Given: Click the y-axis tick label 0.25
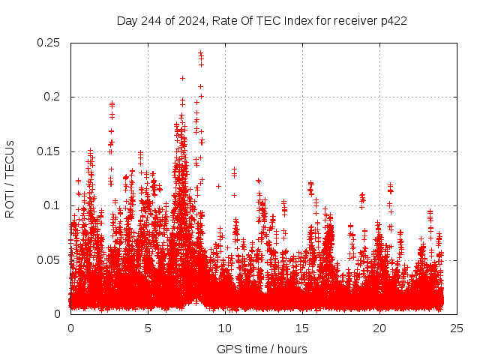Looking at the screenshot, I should click(x=49, y=43).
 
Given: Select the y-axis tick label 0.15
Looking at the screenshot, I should click(x=49, y=151).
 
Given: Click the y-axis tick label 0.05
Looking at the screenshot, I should click(x=49, y=259).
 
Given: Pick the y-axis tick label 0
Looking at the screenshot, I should click(x=59, y=313).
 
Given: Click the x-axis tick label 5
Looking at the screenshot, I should click(x=148, y=328).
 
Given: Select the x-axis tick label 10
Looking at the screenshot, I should click(x=225, y=328).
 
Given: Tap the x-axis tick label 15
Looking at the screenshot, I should click(x=302, y=328).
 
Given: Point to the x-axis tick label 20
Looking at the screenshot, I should click(x=379, y=328).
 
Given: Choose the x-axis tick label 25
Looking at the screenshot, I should click(x=457, y=328).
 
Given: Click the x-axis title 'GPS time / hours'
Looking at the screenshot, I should click(x=263, y=349).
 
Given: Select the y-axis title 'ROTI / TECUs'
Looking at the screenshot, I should click(x=10, y=178).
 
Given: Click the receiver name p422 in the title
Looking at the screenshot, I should click(x=392, y=20).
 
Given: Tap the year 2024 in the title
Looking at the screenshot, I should click(x=190, y=20).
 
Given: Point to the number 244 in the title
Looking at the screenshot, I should click(x=152, y=20).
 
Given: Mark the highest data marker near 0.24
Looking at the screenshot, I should click(x=200, y=52).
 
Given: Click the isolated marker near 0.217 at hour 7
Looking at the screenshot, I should click(x=182, y=78).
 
